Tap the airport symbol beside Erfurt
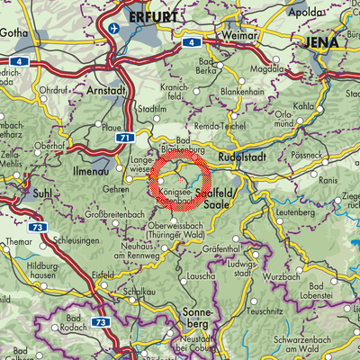(113, 27)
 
